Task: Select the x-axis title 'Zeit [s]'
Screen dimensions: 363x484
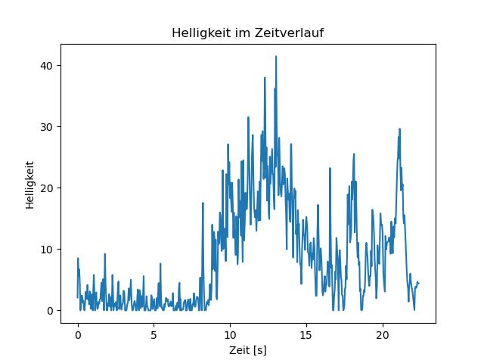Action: (x=248, y=351)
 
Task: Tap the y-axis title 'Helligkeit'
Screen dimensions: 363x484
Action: (x=29, y=185)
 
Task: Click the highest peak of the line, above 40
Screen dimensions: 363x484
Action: (x=276, y=57)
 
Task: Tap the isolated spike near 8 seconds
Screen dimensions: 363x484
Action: (x=203, y=203)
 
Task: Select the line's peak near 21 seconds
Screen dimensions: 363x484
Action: (x=399, y=129)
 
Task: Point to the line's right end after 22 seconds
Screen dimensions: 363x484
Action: (x=418, y=283)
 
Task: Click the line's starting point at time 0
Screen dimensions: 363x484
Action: (x=78, y=296)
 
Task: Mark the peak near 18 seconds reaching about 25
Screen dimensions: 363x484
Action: (x=353, y=154)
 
